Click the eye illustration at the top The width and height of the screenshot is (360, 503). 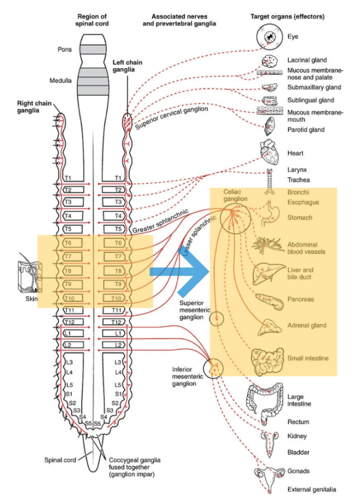tap(270, 37)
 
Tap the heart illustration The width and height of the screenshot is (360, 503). tap(270, 153)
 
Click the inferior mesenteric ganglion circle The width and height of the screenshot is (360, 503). tap(214, 368)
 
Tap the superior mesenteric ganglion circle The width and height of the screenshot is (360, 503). tap(217, 320)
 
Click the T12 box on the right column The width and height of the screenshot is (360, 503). tap(116, 322)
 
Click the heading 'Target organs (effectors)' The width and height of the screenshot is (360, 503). tap(287, 16)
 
